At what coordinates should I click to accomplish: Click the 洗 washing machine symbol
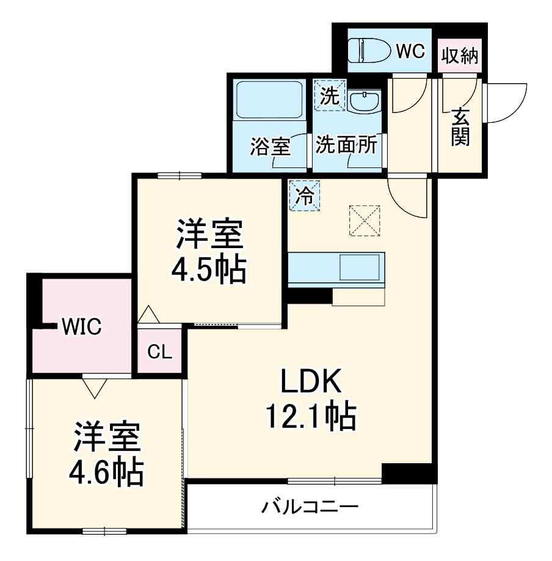pyautogui.click(x=329, y=95)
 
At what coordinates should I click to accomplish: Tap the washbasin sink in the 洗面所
pyautogui.click(x=366, y=101)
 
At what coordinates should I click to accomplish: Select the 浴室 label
pyautogui.click(x=270, y=147)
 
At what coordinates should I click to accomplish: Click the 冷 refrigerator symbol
pyautogui.click(x=304, y=196)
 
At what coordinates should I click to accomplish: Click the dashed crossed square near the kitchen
pyautogui.click(x=364, y=220)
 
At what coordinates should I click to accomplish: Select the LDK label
pyautogui.click(x=310, y=384)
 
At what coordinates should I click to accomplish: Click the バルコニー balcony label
pyautogui.click(x=310, y=507)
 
